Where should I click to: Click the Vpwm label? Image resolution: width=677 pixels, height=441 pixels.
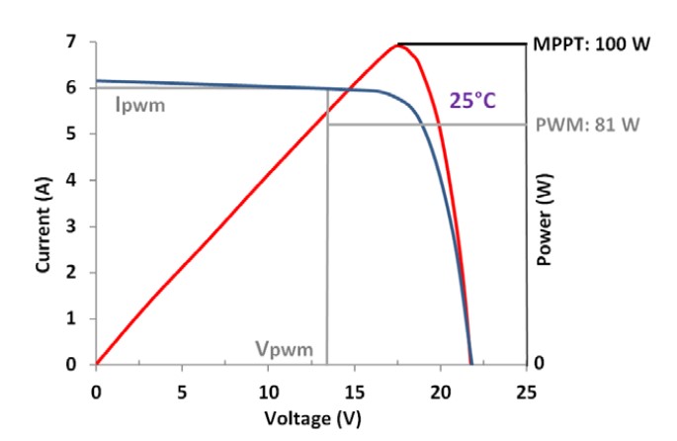point(284,349)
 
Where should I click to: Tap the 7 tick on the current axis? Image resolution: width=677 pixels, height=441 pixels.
point(71,43)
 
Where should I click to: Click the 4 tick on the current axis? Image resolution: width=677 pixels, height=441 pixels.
point(71,180)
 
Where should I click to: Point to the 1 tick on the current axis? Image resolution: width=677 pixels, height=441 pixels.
point(71,318)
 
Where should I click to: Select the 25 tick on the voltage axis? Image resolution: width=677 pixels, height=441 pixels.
point(526,391)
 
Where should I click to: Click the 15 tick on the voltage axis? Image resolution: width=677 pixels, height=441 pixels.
point(354,391)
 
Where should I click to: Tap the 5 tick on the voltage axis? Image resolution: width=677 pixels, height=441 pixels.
point(182,391)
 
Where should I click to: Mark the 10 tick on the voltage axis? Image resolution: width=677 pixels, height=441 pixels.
point(268,391)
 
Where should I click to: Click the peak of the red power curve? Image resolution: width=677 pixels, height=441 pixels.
point(399,44)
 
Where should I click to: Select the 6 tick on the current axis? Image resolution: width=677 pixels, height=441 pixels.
point(71,88)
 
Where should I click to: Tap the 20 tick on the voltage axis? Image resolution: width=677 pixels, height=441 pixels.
point(440,391)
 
